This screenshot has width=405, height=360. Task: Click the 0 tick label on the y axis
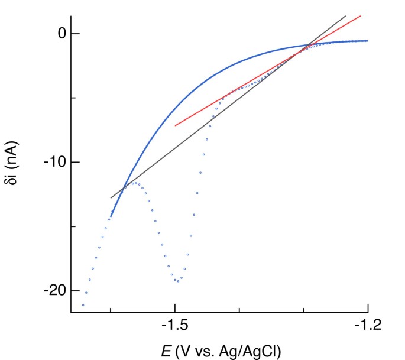point(59,34)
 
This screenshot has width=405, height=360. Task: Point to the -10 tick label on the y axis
point(53,162)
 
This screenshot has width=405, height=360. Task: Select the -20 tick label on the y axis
point(53,291)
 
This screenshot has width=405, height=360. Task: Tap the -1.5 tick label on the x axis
point(175,325)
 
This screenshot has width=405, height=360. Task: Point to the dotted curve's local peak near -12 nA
point(135,183)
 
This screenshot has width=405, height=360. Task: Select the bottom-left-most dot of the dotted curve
point(83,305)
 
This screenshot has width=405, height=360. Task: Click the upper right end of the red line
point(361,16)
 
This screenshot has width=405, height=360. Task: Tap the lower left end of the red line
point(175,125)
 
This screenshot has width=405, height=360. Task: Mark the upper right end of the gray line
point(346,16)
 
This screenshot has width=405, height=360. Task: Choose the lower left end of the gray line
point(111,197)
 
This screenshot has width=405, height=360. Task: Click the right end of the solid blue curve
point(368,41)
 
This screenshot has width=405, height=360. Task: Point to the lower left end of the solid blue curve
point(111,217)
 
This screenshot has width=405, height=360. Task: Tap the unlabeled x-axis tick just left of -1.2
point(303,312)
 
